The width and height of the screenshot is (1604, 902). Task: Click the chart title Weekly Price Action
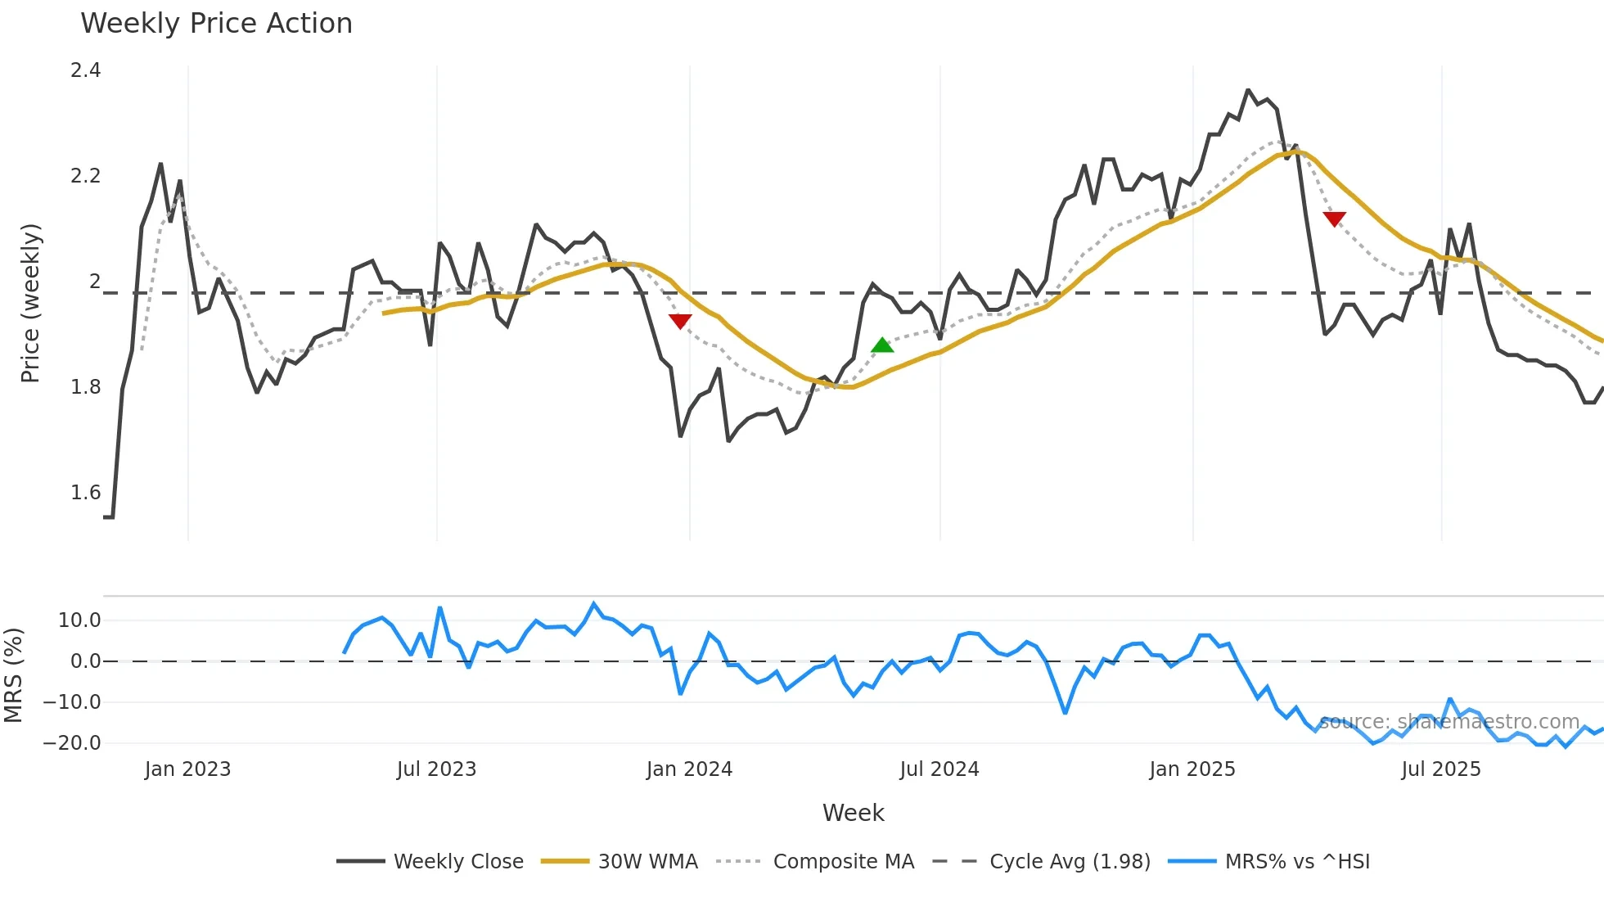(x=216, y=24)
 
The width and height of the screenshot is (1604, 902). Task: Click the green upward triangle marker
(x=882, y=345)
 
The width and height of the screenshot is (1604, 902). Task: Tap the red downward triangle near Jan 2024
(x=680, y=321)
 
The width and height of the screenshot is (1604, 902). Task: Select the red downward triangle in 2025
(x=1334, y=219)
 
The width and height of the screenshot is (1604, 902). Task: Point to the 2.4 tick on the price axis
(x=86, y=70)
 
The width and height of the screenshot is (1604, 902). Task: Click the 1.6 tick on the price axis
(x=86, y=493)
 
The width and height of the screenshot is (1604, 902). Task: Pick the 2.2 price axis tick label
(x=86, y=176)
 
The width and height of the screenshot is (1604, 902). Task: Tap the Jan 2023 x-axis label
(x=187, y=769)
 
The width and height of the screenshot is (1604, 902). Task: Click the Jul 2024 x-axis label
(x=939, y=769)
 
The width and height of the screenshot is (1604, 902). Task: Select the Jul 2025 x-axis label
(x=1440, y=769)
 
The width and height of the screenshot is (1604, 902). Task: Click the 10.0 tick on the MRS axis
(x=79, y=620)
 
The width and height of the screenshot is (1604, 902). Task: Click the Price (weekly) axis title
(x=30, y=303)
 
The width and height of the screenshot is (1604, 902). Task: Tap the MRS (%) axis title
(x=14, y=675)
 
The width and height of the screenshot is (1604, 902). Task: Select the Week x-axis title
(x=853, y=813)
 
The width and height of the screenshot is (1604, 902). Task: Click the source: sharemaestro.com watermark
(x=1449, y=722)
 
